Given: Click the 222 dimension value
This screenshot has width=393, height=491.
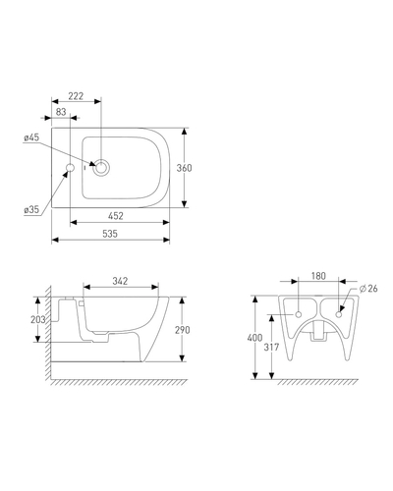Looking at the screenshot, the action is point(76,96).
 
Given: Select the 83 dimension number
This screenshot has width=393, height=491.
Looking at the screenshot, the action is point(61,112).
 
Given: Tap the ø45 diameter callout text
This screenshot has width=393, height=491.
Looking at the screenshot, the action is point(31,137).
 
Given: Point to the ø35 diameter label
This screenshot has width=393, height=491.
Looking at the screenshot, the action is point(31,209).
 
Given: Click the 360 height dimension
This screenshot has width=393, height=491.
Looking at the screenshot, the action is point(184,168).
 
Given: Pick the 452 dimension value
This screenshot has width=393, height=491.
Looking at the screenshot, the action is point(116,216).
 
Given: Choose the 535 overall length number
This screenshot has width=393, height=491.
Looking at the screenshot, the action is point(110,234).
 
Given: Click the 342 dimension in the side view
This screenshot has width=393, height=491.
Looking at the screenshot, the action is point(120,281).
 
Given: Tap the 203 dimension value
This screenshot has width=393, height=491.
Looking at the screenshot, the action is point(38,319).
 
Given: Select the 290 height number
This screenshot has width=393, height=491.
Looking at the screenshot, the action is point(182,330).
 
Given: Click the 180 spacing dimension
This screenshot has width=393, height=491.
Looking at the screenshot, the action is point(318,276).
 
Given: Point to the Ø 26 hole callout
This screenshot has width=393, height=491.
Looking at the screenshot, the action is point(368,289).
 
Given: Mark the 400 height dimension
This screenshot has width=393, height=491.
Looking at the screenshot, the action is point(254,338).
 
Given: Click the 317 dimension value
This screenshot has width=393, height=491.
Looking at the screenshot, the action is point(271,347).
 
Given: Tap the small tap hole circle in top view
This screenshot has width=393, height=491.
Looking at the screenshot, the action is point(70,168).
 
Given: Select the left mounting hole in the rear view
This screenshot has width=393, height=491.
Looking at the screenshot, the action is point(299,314).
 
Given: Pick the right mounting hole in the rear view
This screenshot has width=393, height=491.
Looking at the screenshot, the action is point(339,314).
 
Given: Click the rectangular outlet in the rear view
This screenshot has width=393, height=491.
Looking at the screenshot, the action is point(318,330).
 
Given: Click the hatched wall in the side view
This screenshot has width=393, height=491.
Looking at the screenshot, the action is point(48,332).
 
